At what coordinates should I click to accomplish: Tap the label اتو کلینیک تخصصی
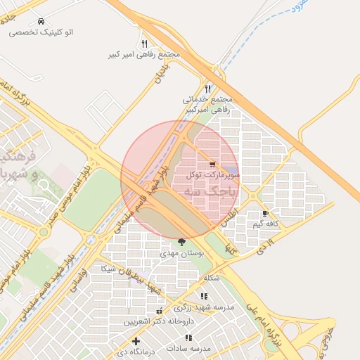(49, 32)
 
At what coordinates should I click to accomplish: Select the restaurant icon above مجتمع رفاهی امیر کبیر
(144, 44)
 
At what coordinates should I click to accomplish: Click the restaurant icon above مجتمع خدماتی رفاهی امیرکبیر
(207, 89)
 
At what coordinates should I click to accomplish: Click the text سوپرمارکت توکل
(214, 174)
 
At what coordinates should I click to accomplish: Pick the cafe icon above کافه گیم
(265, 213)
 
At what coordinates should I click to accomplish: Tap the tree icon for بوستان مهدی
(182, 241)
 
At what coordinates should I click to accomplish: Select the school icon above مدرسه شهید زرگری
(204, 297)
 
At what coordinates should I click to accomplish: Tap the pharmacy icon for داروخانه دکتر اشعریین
(159, 311)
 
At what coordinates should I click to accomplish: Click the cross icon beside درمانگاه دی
(136, 342)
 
